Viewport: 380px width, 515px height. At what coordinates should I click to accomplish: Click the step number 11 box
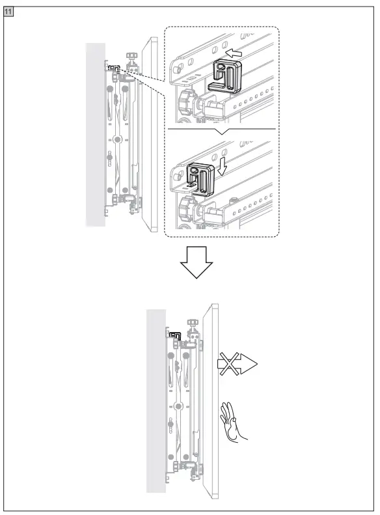pyautogui.click(x=10, y=12)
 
